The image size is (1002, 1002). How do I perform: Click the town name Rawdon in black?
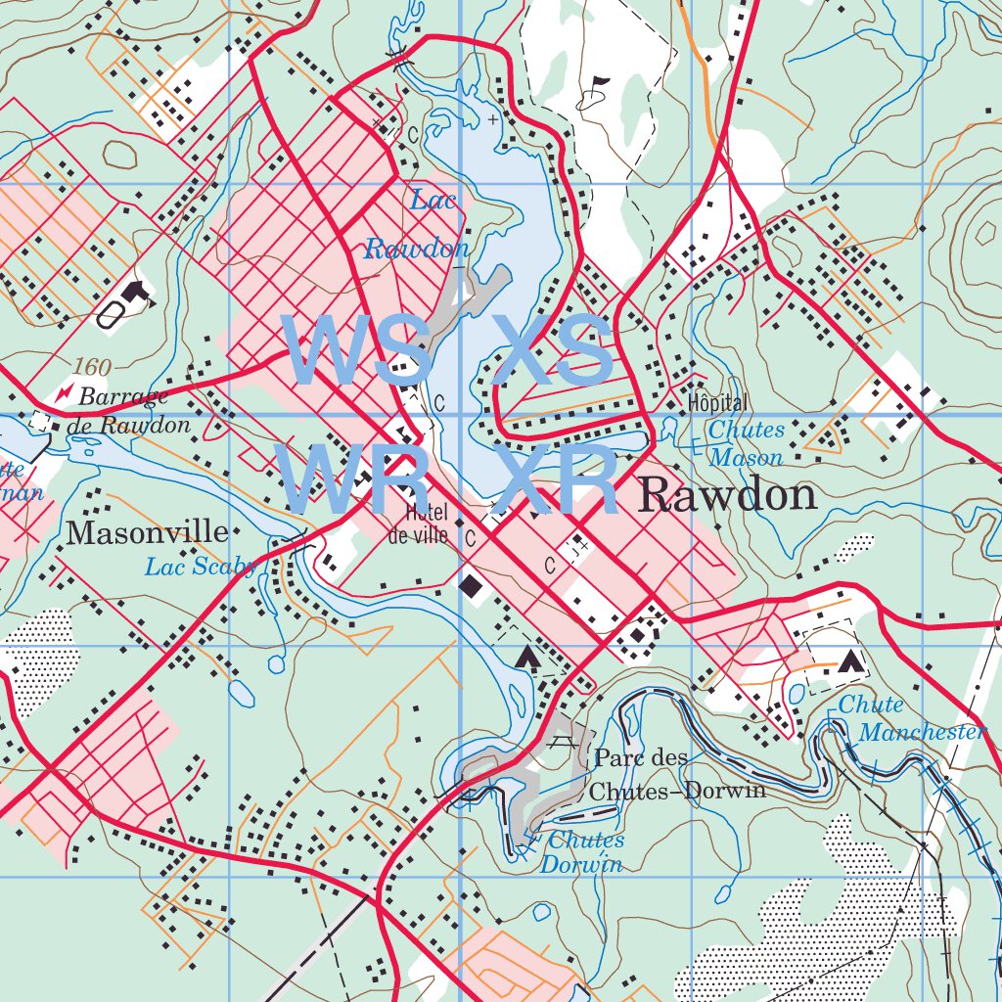727,496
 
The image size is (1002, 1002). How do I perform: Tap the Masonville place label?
147,533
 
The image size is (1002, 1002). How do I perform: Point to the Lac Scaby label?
201,567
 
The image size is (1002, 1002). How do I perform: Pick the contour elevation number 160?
92,368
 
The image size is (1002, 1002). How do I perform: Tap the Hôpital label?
717,403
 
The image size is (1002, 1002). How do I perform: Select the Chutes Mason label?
747,443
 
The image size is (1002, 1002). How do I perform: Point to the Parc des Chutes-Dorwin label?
678,774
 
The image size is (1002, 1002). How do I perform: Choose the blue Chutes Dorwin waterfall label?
583,852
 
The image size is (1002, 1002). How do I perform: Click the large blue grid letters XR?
556,480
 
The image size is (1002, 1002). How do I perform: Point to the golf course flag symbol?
597,88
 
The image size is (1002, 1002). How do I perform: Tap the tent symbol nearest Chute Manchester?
850,661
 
